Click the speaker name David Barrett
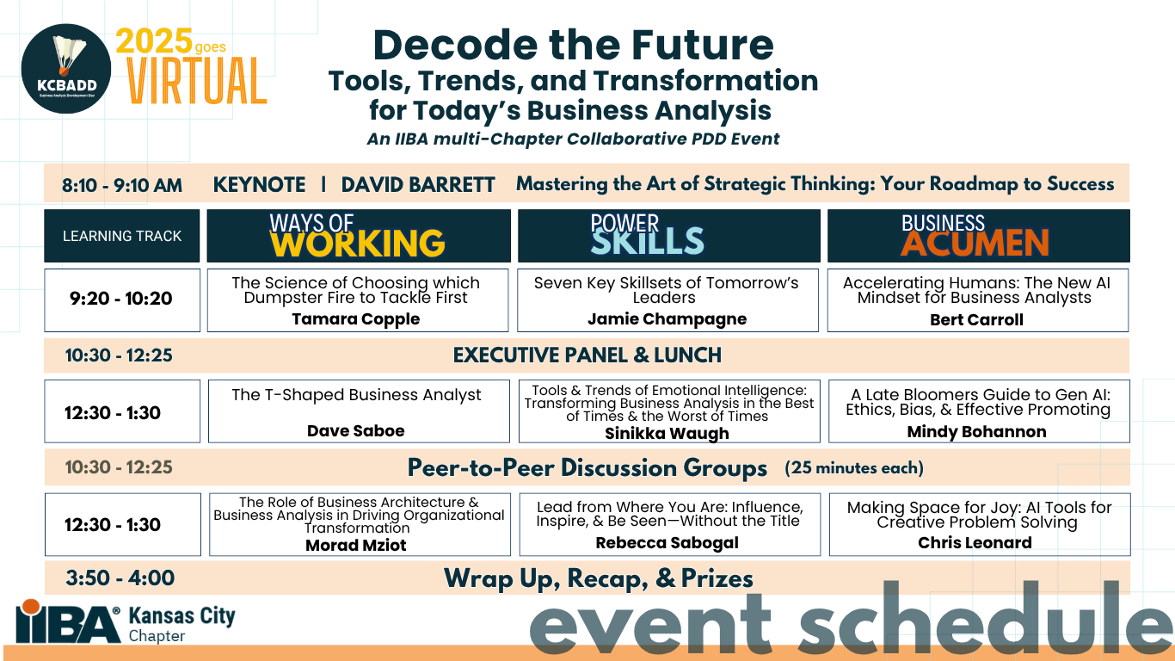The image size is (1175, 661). coord(418,184)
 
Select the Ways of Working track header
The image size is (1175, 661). coord(358,236)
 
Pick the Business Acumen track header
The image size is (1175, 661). coord(978,236)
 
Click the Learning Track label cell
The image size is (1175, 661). coord(122,236)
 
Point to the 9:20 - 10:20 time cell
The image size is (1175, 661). coord(121,300)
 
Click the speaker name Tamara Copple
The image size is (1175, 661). coord(356,318)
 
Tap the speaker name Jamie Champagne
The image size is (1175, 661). coord(667,318)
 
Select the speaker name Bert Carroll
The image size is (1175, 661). coord(977,319)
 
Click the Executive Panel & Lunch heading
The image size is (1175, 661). coord(587,355)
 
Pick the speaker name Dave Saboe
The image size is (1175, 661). coord(356,430)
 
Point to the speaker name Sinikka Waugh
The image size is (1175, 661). coord(667,433)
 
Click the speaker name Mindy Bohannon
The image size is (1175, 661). coord(977,431)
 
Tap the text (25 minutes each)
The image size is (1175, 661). coord(854,468)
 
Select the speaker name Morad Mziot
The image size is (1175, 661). coord(356,545)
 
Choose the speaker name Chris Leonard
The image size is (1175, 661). coord(975,542)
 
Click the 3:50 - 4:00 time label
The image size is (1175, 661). coord(120,578)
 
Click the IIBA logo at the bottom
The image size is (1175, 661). coord(69,622)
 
